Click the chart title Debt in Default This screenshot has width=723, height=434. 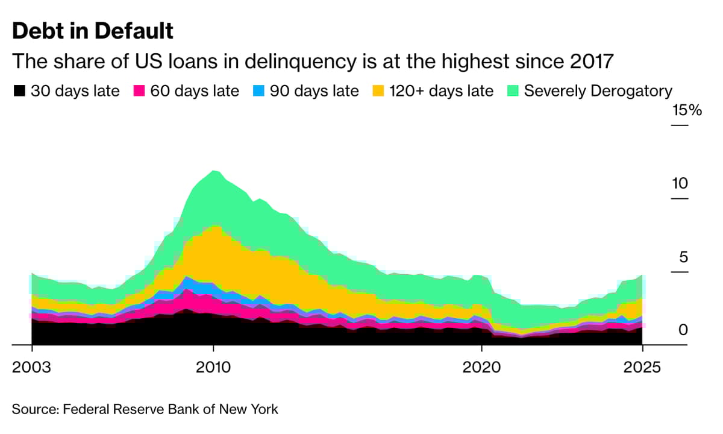pos(93,31)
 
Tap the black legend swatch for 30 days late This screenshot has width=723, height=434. pos(20,91)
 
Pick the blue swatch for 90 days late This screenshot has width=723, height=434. pos(258,91)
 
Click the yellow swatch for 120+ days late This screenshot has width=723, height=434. pos(378,91)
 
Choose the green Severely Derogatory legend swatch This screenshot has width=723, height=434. pos(513,91)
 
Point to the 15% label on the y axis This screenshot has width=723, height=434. pos(687,111)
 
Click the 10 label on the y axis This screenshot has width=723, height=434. pos(680,184)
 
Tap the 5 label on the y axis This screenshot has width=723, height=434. pos(683,257)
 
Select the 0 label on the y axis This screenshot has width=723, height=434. pos(683,330)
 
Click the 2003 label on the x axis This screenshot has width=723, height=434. pos(31,367)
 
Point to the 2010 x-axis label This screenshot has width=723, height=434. pos(213,367)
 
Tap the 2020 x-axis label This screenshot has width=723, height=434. pos(481,367)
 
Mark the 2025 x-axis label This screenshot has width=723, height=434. pos(642,367)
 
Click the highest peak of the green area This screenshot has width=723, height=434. pos(213,172)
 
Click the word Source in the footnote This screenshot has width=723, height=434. pos(32,409)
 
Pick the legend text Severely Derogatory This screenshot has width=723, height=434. pos(598,91)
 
